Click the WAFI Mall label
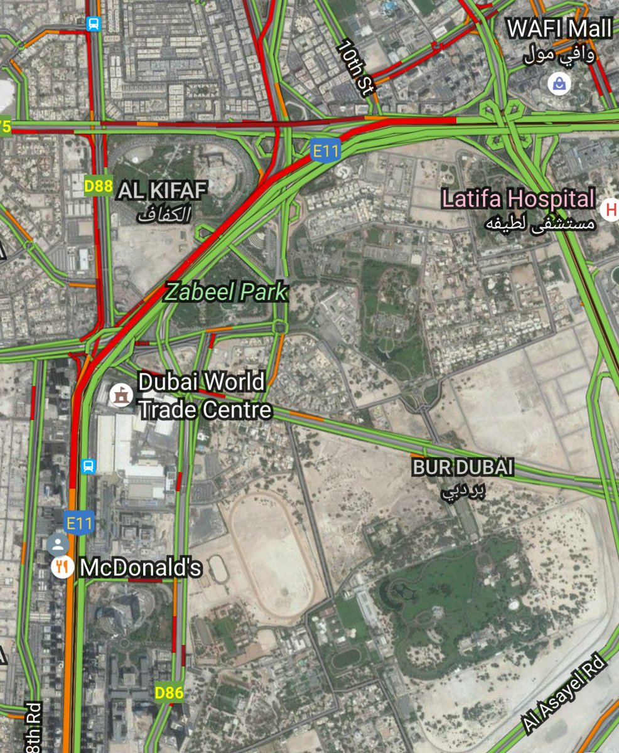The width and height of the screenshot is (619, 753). pyautogui.click(x=559, y=29)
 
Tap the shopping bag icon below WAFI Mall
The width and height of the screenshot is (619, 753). pyautogui.click(x=557, y=83)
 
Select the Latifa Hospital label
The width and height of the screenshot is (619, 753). pyautogui.click(x=518, y=200)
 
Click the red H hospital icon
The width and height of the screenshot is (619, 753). pyautogui.click(x=610, y=210)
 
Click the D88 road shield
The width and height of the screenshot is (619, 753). pyautogui.click(x=98, y=186)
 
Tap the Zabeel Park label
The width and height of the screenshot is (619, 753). pyautogui.click(x=225, y=292)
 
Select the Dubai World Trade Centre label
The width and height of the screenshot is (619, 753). pyautogui.click(x=205, y=395)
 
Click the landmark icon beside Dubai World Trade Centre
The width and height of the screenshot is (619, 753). pyautogui.click(x=118, y=395)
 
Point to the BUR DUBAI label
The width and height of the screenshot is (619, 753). pyautogui.click(x=463, y=467)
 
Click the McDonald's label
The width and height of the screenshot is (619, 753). pyautogui.click(x=141, y=568)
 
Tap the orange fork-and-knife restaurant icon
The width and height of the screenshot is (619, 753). pyautogui.click(x=60, y=567)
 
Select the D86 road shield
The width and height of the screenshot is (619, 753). pyautogui.click(x=169, y=693)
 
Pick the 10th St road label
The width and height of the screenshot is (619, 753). pyautogui.click(x=355, y=68)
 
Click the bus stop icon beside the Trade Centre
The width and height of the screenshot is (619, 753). pyautogui.click(x=89, y=466)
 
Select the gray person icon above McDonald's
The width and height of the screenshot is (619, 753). pyautogui.click(x=58, y=543)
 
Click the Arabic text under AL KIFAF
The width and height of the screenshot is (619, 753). pyautogui.click(x=163, y=215)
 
